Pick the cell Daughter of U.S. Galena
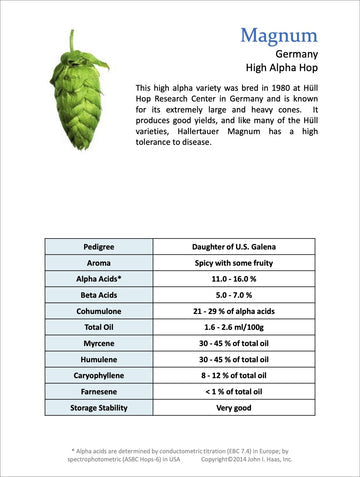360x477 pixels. [240, 246]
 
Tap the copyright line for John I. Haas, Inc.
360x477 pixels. [245, 459]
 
